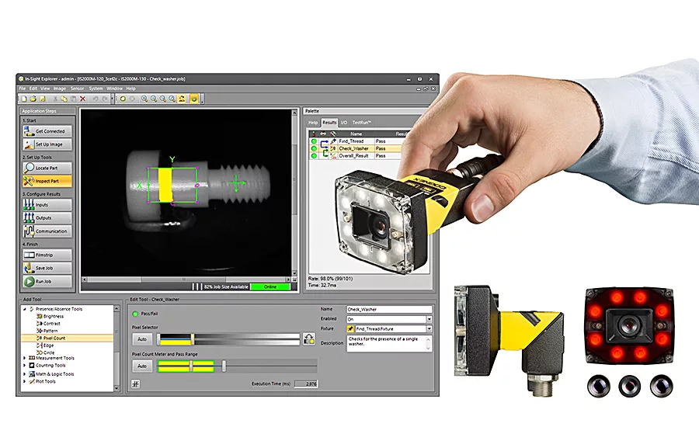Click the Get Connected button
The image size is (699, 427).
pyautogui.click(x=47, y=131)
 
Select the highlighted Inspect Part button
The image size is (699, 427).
pyautogui.click(x=47, y=180)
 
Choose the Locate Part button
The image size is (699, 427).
pyautogui.click(x=47, y=167)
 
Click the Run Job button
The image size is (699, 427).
pyautogui.click(x=47, y=281)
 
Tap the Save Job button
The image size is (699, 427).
pyautogui.click(x=47, y=268)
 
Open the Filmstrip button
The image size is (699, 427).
pyautogui.click(x=47, y=255)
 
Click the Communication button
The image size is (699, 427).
pyautogui.click(x=47, y=231)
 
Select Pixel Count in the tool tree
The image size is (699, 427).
pyautogui.click(x=54, y=338)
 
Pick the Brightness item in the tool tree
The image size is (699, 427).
pyautogui.click(x=54, y=316)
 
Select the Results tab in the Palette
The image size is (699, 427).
pyautogui.click(x=329, y=123)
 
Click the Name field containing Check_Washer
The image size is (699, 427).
pyautogui.click(x=388, y=309)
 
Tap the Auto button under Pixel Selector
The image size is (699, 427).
pyautogui.click(x=142, y=338)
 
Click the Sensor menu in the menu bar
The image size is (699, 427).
pyautogui.click(x=77, y=89)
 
